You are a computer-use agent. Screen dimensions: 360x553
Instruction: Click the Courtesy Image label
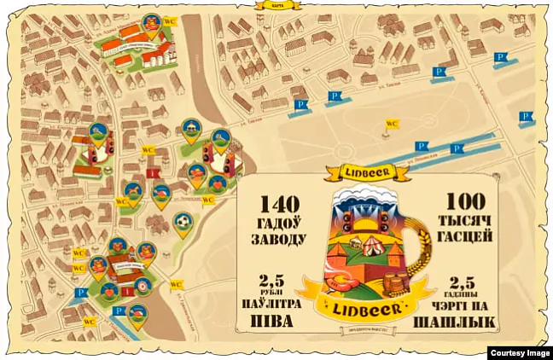(519, 352)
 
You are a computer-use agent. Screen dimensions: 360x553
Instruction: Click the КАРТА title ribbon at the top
(277, 5)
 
